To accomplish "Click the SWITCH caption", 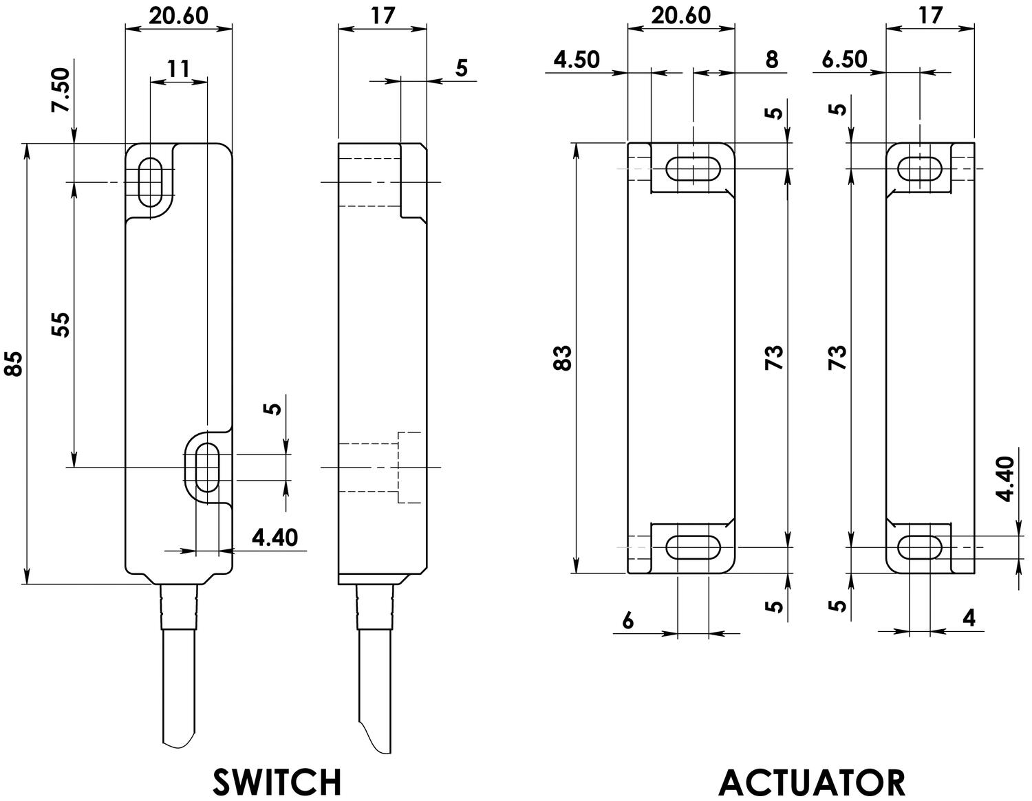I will coord(277,782).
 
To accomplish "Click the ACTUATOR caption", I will coord(812,782).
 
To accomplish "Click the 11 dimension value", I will coord(178,68).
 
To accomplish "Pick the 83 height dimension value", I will coord(563,358).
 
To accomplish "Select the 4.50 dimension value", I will coord(577,60).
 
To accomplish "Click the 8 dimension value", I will coord(771,60).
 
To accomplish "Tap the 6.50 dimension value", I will coord(845,60).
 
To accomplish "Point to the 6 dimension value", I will coord(627,621).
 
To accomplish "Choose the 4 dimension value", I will coord(969,619).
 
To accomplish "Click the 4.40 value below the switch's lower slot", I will coord(275,537).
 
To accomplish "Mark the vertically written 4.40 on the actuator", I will coord(1005,479).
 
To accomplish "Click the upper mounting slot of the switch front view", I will coord(149,182).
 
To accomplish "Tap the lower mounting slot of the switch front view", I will coord(207,468).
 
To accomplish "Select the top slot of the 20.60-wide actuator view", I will coord(694,168).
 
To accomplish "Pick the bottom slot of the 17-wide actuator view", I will coord(920,547).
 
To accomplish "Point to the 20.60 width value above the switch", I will coord(178,15).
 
